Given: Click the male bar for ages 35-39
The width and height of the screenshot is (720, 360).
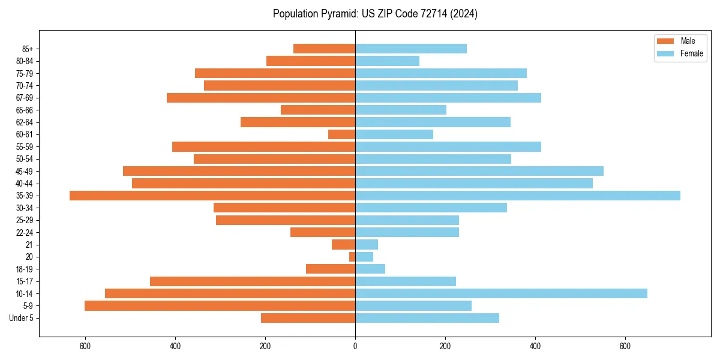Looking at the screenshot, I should coord(212,196).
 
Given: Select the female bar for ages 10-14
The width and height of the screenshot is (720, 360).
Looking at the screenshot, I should coord(501,293).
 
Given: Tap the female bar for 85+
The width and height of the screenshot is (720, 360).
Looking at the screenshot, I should coord(411,49).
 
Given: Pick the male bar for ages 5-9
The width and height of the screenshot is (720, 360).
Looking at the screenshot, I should coord(220,305).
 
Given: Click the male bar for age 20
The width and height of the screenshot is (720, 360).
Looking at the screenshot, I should coord(352,257).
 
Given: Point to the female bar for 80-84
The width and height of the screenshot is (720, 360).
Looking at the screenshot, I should coord(387,61).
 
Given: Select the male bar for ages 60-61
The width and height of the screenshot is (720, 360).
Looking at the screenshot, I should coord(341,134).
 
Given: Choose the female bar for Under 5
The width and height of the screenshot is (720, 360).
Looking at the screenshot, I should coord(427,318).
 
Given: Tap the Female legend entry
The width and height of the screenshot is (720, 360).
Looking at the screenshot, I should coord(680,53).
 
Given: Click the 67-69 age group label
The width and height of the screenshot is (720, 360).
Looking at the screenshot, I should coord(25,98).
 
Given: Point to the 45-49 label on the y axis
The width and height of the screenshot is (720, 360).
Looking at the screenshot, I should coord(25,171).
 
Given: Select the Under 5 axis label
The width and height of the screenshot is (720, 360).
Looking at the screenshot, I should coord(21,318).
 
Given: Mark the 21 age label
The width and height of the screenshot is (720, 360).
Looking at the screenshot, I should coord(29,245).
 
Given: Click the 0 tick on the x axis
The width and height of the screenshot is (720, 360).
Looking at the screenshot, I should coord(355,346).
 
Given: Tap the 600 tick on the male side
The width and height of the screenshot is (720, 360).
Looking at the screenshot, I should coord(85,346).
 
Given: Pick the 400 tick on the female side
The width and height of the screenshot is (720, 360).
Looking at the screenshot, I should coord(535,346).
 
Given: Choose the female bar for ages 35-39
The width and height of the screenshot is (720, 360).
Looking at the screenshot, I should coord(518,196).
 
